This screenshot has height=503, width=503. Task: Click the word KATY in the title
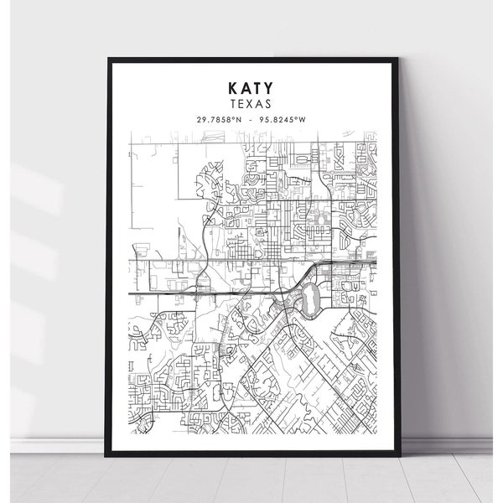(x=251, y=86)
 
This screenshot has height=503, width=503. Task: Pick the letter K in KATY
(x=230, y=86)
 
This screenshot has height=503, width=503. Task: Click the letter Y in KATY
(x=274, y=86)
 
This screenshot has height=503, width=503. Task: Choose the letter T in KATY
(x=260, y=86)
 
